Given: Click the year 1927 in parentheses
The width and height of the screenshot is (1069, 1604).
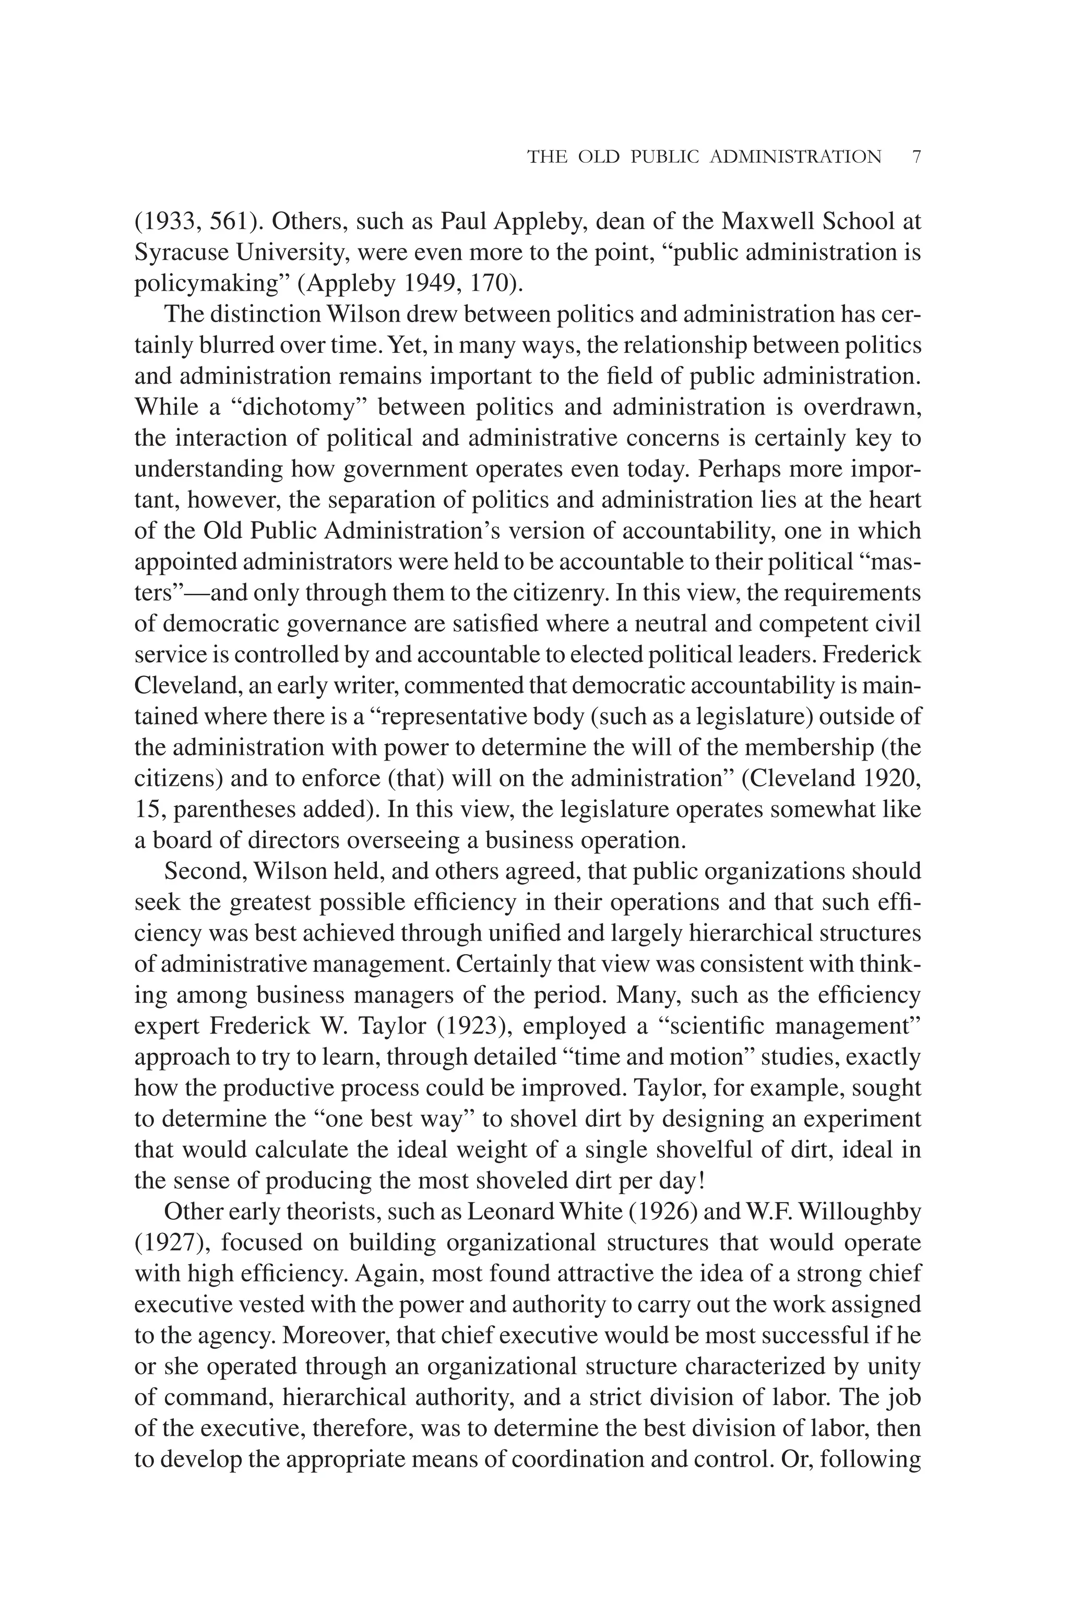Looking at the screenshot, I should click(x=171, y=1243).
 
